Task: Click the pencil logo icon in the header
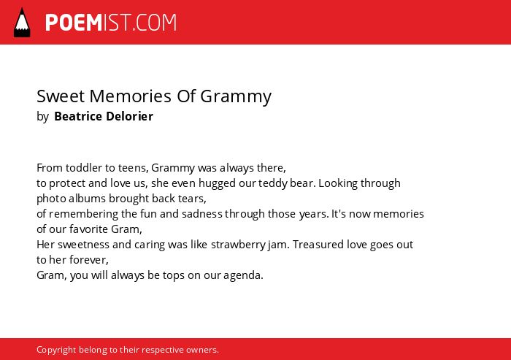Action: point(22,23)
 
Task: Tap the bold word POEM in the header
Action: point(74,23)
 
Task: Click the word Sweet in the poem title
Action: point(61,96)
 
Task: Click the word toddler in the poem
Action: point(84,168)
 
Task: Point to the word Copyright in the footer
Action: point(56,350)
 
